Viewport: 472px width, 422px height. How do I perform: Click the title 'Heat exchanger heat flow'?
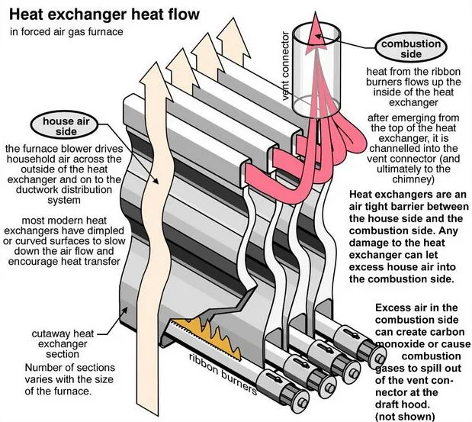[x=105, y=14]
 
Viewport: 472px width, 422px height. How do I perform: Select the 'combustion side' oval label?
[x=410, y=48]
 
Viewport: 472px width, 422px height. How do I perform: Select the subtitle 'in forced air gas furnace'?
[x=66, y=32]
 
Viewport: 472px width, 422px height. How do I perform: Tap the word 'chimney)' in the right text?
[x=411, y=179]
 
